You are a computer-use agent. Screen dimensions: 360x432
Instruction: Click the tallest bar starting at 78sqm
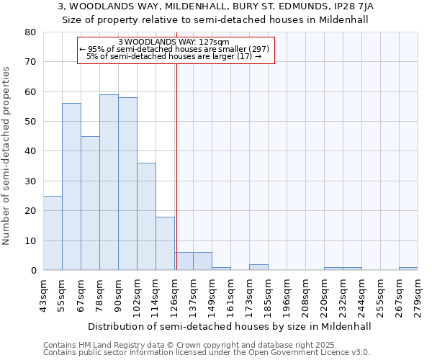pos(109,182)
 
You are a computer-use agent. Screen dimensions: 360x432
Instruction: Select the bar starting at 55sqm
pos(71,186)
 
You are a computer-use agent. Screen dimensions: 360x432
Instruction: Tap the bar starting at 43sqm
pos(53,233)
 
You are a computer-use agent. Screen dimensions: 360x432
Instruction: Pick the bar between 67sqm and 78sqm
pos(90,203)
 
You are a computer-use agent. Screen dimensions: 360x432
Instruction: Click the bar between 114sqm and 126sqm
pos(165,243)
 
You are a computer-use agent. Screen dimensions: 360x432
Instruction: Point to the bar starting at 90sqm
pos(127,184)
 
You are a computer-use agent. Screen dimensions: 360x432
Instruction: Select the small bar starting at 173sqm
pos(258,267)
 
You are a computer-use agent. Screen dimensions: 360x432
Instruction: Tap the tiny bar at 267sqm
pos(408,269)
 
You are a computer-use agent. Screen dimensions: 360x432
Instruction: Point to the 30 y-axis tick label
pos(30,181)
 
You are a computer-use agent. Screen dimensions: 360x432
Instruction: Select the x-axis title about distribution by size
pos(230,326)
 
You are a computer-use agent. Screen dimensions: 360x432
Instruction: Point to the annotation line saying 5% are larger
pos(174,56)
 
